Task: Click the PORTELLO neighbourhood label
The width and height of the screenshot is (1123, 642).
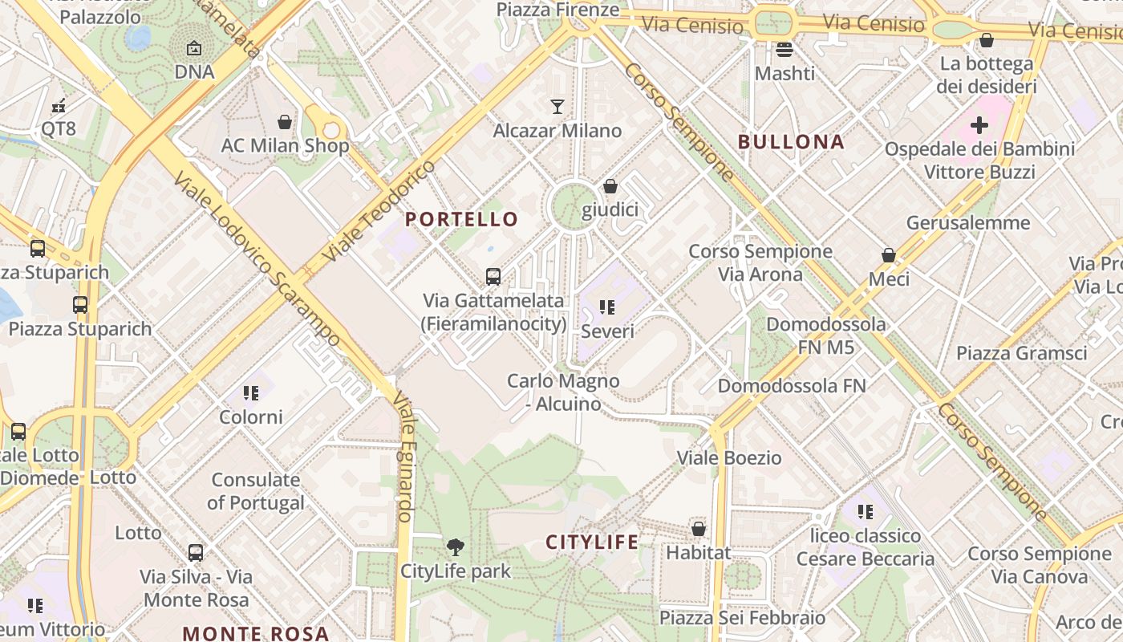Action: coord(461,219)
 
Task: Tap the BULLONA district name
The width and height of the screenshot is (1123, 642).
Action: coord(791,142)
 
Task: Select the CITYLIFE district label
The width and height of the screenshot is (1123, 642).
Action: coord(593,542)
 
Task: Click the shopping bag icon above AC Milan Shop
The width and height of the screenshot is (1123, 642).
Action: coord(284,122)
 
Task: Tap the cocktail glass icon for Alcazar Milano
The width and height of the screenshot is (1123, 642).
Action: coord(557,106)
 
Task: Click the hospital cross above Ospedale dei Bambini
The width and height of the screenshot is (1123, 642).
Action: coord(979,125)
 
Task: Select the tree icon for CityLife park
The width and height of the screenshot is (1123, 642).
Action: coord(455,547)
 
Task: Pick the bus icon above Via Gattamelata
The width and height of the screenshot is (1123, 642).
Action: coord(493,277)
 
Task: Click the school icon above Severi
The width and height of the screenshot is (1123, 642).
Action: coord(607,307)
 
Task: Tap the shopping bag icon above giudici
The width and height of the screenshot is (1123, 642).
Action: coord(610,186)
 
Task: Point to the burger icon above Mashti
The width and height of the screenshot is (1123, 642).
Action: coord(784,50)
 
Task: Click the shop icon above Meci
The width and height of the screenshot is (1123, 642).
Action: coord(889,255)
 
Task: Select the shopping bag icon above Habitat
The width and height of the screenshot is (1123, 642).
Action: coord(699,530)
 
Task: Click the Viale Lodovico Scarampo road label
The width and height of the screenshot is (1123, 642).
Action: coord(257,262)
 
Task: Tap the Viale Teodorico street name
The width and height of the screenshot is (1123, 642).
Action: coord(379,211)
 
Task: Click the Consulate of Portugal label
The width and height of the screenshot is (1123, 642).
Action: coord(256,491)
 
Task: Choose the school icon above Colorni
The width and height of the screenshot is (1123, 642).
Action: coord(251,393)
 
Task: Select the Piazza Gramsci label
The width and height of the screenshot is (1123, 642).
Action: coord(1021,353)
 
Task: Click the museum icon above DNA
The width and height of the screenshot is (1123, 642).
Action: coord(194,49)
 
